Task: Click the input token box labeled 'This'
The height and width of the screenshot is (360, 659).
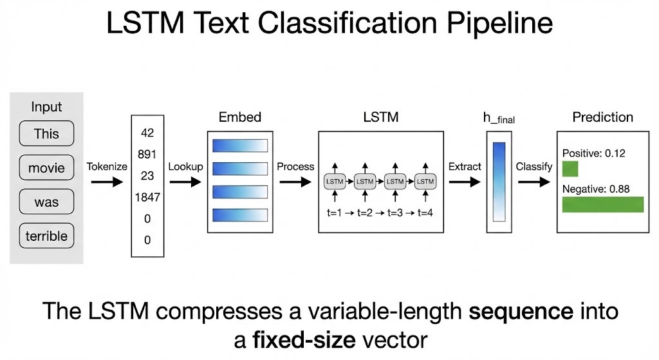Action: point(46,134)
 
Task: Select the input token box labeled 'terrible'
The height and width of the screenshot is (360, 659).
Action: point(46,236)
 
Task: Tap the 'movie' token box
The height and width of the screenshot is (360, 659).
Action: point(46,168)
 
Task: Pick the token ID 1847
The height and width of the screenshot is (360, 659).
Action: point(147,197)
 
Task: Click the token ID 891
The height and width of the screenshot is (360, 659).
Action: point(147,155)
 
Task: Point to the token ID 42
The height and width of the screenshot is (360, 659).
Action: point(147,133)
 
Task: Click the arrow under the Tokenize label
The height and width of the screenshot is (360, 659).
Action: point(106,182)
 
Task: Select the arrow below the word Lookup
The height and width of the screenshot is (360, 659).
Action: point(185,182)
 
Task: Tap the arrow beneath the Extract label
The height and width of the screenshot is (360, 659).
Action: point(465,182)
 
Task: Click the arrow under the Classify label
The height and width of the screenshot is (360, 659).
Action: point(534,182)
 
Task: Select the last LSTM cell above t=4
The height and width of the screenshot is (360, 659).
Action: point(425,182)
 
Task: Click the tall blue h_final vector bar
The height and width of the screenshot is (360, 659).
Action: point(499,182)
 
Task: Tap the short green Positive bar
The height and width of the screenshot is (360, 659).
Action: point(570,169)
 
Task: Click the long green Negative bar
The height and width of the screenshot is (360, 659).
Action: point(603,204)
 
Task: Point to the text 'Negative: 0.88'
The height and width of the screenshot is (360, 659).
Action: point(595,189)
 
